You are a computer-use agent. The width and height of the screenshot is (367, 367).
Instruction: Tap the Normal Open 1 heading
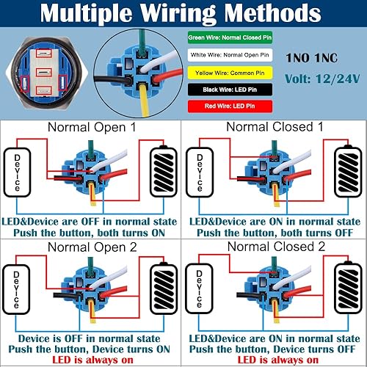tap(91, 126)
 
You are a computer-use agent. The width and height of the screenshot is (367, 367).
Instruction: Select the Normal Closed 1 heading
tap(275, 126)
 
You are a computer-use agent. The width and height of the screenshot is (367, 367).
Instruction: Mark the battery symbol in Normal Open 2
tap(163, 292)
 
